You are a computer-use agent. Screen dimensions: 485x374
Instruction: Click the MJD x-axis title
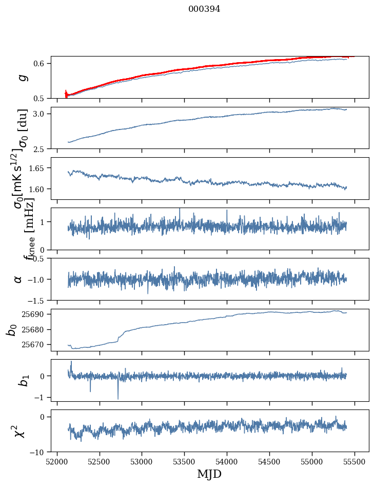pyautogui.click(x=209, y=474)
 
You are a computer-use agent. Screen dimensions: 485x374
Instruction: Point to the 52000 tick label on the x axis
pyautogui.click(x=57, y=462)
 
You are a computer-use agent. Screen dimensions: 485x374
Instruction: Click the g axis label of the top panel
pyautogui.click(x=22, y=77)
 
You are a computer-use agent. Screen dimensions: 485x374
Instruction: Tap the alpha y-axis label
pyautogui.click(x=18, y=279)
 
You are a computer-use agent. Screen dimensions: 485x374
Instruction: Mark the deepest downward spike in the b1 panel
pyautogui.click(x=118, y=399)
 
